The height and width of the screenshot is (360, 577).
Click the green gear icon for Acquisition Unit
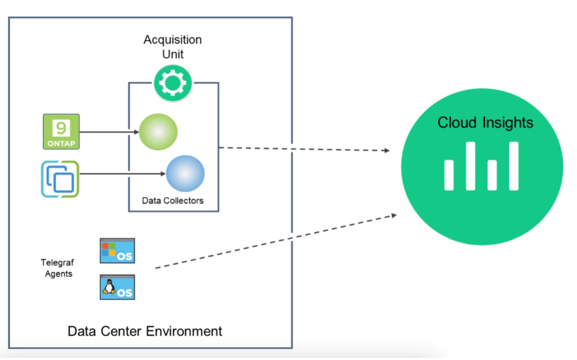[173, 84]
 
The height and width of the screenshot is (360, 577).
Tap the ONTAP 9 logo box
[61, 132]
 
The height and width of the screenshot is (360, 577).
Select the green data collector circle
[158, 132]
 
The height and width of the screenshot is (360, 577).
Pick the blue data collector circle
[185, 174]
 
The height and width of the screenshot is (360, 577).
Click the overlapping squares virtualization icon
[60, 179]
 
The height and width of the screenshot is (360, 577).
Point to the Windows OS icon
[117, 251]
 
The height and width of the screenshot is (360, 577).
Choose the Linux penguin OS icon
[117, 287]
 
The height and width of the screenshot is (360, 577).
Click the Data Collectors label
[173, 201]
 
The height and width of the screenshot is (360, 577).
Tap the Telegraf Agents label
[58, 268]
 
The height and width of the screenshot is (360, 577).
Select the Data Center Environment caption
[144, 331]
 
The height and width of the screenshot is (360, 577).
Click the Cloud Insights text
[485, 123]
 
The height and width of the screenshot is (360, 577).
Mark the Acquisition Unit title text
[173, 47]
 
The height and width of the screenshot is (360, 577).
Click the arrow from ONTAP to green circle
[109, 132]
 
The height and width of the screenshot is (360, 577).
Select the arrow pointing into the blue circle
[121, 174]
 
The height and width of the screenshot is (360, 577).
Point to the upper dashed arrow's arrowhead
[387, 151]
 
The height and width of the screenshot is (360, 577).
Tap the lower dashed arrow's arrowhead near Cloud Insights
[394, 216]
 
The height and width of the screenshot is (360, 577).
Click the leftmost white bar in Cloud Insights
[449, 175]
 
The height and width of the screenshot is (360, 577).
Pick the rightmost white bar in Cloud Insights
[514, 166]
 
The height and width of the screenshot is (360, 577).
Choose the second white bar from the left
[470, 166]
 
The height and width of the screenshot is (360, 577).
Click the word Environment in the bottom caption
[184, 331]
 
